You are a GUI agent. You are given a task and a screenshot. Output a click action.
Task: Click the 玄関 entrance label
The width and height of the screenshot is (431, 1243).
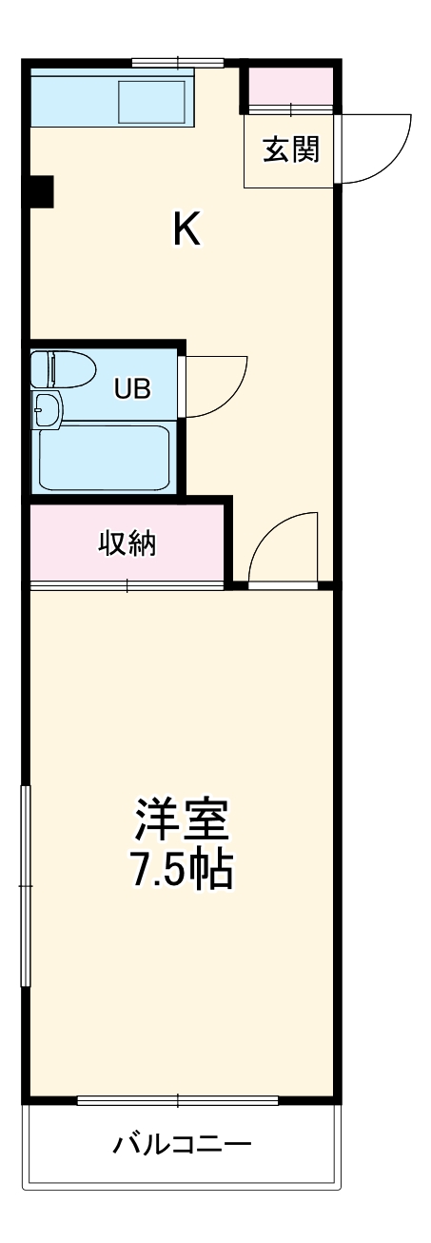point(291,149)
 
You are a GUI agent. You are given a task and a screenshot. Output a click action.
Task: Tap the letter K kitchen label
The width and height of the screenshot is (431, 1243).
point(186,230)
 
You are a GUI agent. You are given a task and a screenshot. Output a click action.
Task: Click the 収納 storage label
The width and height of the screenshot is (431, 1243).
point(127,543)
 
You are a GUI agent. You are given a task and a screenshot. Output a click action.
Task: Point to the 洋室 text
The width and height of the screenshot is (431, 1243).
point(182,819)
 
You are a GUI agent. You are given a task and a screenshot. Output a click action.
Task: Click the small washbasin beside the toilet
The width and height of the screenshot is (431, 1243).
point(45,409)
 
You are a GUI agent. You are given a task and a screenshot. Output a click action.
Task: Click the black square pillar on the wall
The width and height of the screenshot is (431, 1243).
point(40,192)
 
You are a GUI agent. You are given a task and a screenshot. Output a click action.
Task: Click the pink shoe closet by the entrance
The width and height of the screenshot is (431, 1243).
point(291,88)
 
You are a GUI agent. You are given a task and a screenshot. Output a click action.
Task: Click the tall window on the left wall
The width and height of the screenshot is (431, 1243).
point(27,885)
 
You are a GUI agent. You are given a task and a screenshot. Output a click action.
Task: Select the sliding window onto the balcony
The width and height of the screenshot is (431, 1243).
point(178,1101)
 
